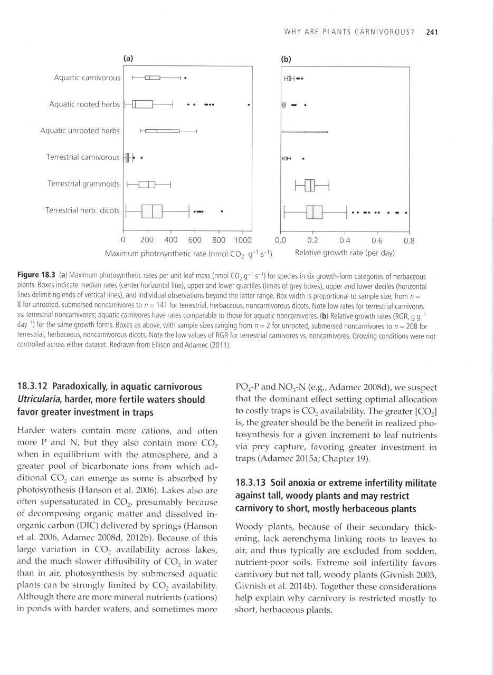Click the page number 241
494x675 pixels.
point(432,32)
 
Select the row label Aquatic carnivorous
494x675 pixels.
point(87,78)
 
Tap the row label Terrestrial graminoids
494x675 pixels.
point(84,184)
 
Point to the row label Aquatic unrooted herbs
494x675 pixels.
point(80,131)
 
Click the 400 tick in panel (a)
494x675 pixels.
point(171,240)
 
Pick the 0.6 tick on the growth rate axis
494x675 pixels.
point(377,241)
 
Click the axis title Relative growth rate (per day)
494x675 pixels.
point(345,253)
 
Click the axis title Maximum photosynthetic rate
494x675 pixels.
point(188,253)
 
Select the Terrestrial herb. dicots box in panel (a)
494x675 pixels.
point(152,211)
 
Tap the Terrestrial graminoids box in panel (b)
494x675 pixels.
point(310,185)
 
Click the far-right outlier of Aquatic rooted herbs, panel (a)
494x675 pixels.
point(249,104)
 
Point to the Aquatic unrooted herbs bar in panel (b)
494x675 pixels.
point(305,131)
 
